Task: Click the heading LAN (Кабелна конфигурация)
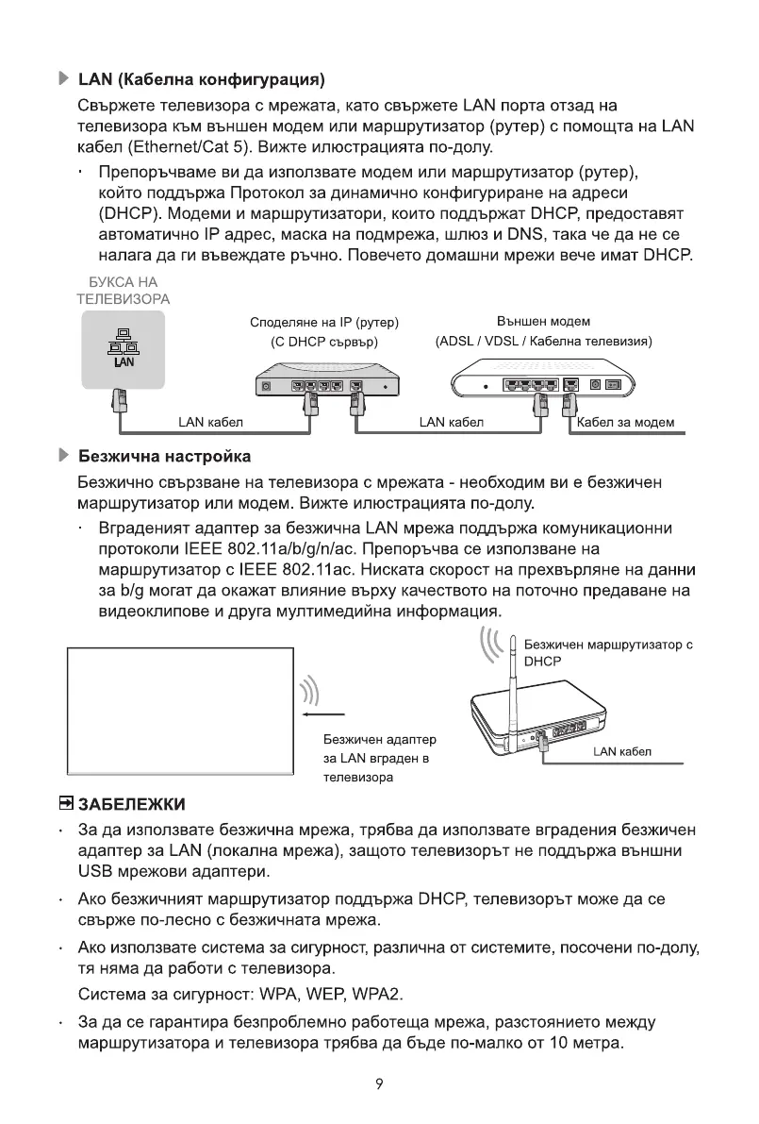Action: point(202,75)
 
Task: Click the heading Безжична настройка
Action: point(164,457)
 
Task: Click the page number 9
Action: point(378,1084)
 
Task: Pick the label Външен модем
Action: point(543,323)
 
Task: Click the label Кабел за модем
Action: point(625,422)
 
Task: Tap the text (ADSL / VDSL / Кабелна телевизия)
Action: point(543,341)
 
